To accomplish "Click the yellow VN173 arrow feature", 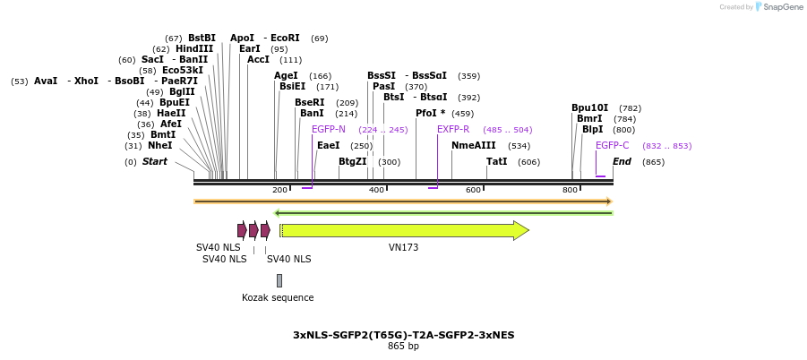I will point(403,230).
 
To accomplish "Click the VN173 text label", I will point(403,247).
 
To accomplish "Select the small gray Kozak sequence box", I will point(279,280).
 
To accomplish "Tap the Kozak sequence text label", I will point(278,297).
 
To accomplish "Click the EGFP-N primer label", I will point(329,130).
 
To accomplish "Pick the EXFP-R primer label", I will point(453,130).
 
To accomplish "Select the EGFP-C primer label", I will point(613,145).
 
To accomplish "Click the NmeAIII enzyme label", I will point(473,145).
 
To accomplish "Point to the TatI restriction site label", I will point(496,161).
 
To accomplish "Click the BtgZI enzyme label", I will point(353,161).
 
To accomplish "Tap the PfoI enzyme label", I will point(430,114).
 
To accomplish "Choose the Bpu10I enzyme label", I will point(589,108).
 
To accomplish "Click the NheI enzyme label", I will point(160,145).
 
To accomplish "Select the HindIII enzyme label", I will point(194,49).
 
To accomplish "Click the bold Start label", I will point(154,161).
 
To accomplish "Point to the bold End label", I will point(622,161).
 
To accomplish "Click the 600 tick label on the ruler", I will point(473,190).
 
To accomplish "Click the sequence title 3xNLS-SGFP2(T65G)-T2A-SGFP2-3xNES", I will point(403,335).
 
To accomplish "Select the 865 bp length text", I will point(403,347).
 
